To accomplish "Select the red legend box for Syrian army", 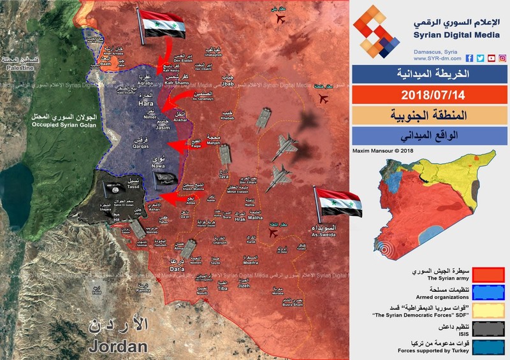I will pos(492,274).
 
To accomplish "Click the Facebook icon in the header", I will pos(469,59).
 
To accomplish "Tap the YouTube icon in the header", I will pos(491,59).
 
